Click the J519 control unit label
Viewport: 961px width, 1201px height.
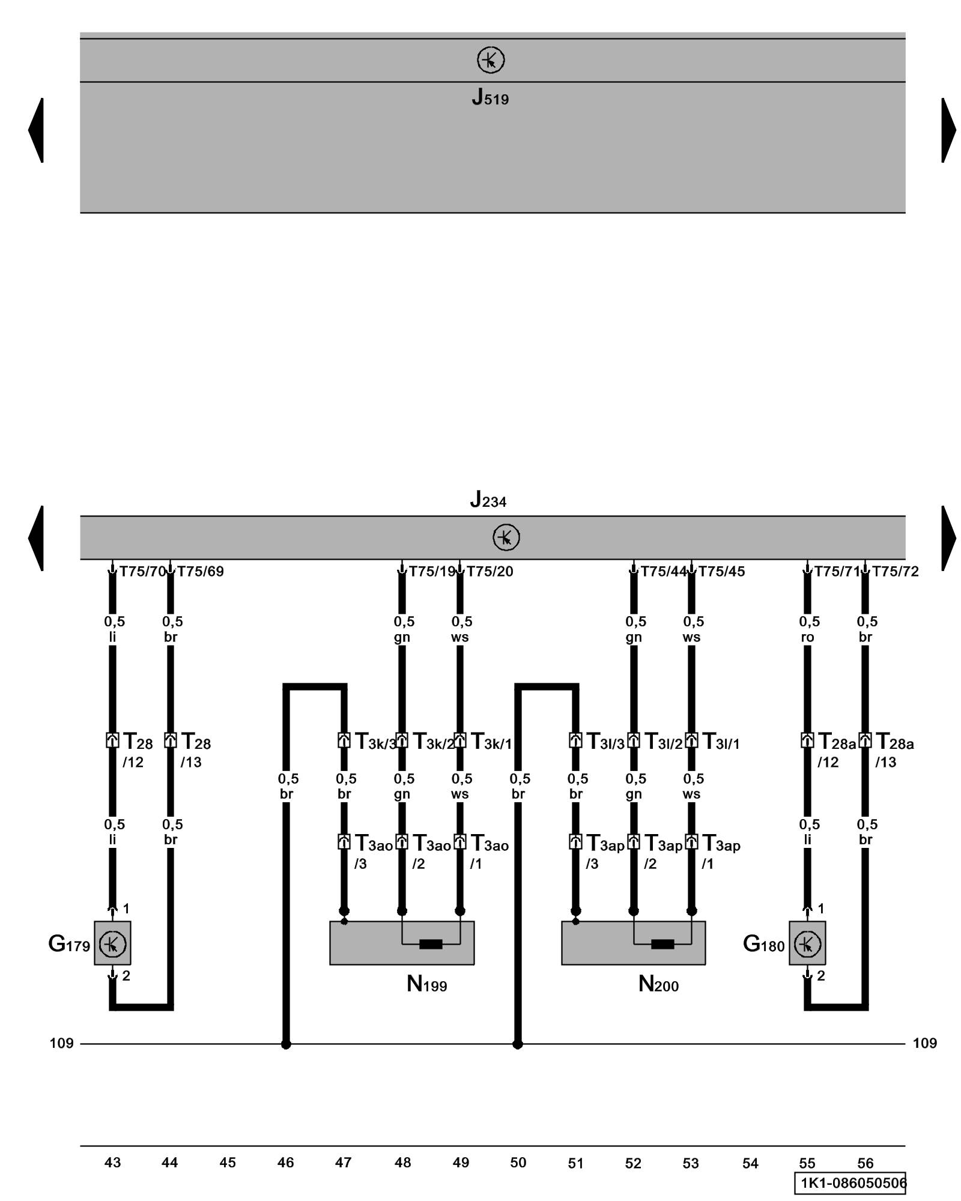pos(490,97)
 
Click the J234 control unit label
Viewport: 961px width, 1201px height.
pos(488,500)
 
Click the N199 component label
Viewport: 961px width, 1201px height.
pos(426,984)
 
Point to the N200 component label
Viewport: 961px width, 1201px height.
pos(658,984)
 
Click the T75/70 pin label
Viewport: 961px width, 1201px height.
pos(142,572)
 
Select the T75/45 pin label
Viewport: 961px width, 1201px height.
pos(721,572)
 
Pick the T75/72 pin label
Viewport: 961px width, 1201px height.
pos(895,572)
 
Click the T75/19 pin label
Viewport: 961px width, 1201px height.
pos(432,572)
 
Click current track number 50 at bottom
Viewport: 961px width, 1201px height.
pos(518,1163)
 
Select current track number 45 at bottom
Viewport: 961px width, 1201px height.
pos(228,1163)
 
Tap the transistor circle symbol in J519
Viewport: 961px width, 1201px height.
pos(491,61)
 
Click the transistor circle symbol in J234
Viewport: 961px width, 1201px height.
pos(506,537)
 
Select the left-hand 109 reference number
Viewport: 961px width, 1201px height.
pos(61,1043)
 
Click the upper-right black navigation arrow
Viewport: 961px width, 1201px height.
pos(948,130)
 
